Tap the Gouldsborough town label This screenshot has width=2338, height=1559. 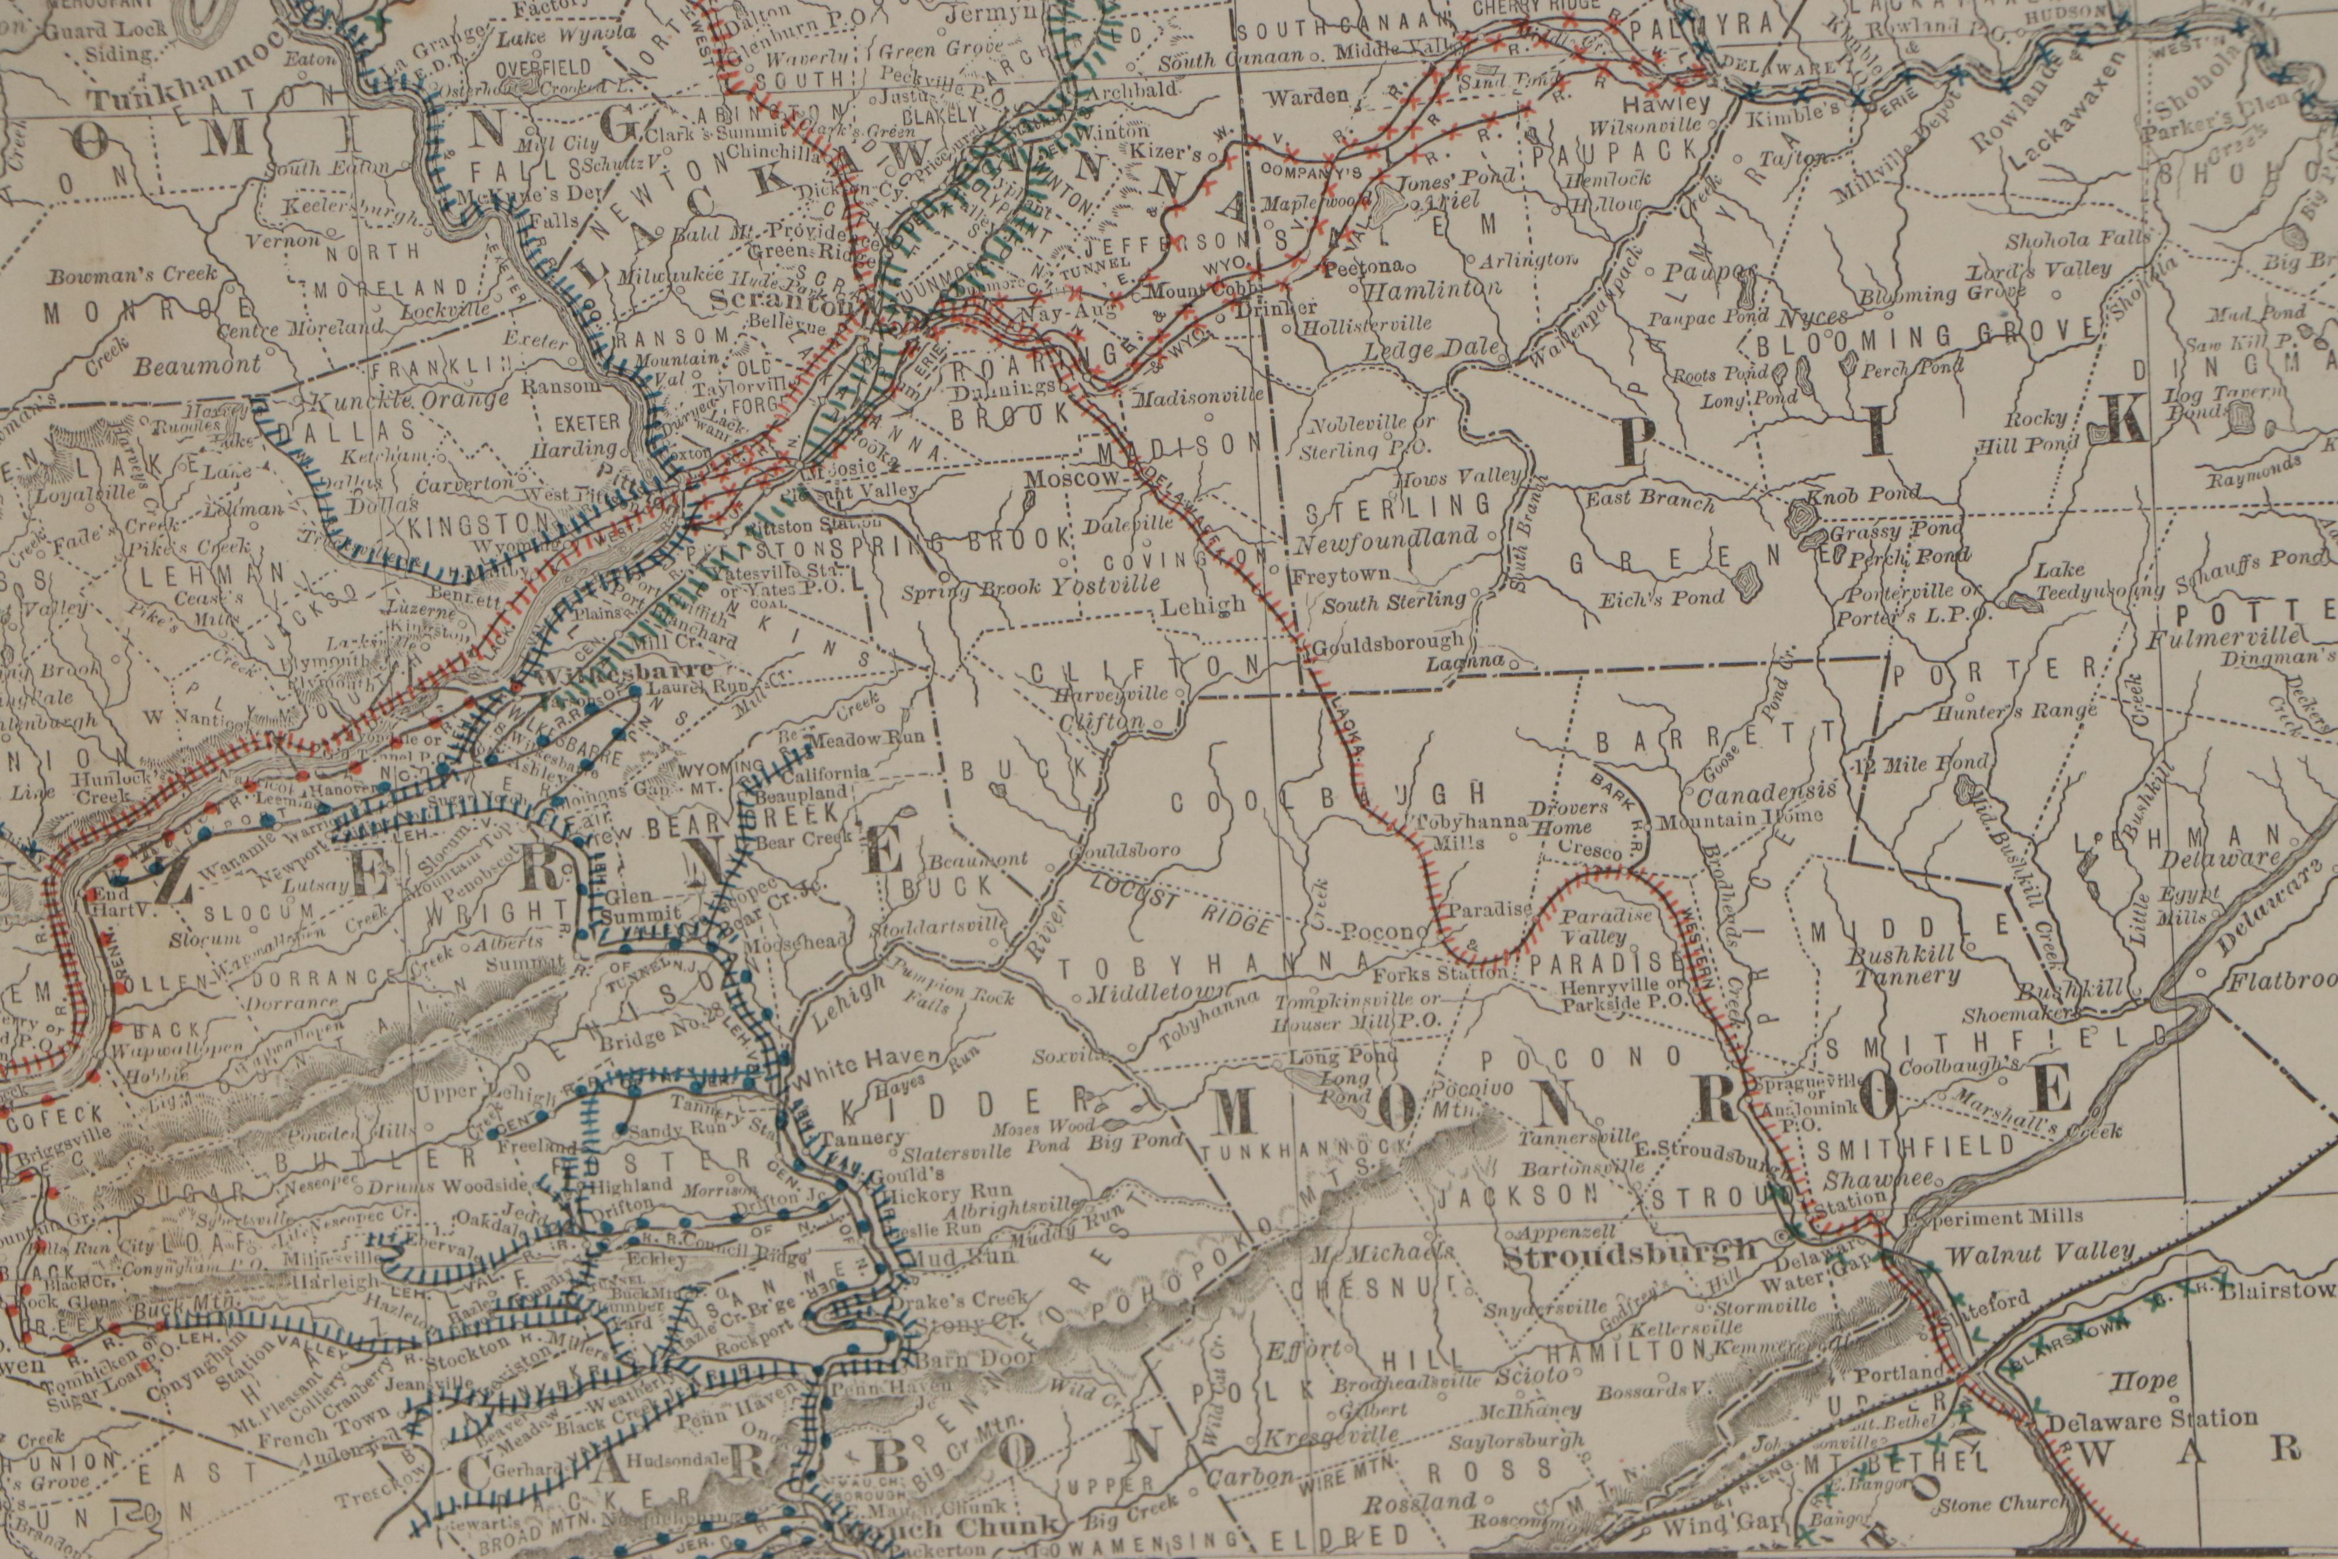point(1388,642)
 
